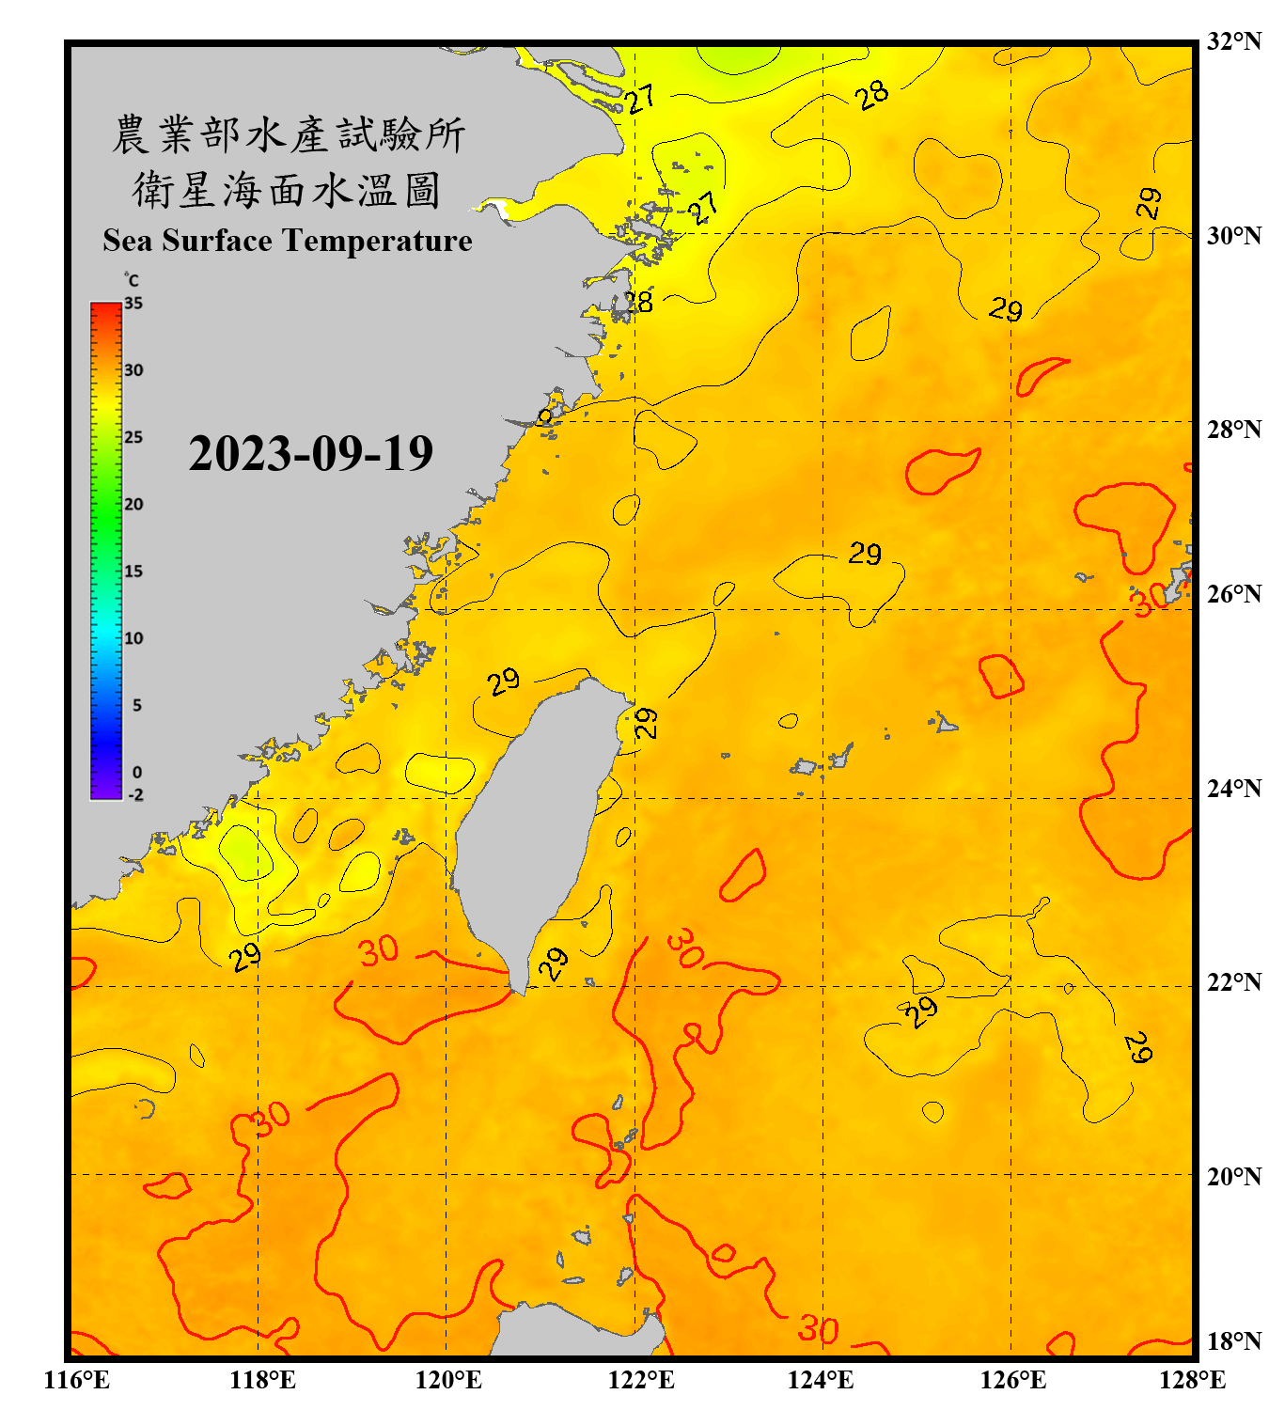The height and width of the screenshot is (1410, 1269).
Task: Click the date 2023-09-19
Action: point(310,454)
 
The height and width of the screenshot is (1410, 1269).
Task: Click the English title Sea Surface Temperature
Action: point(287,241)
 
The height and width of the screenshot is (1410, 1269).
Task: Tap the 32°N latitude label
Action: point(1233,41)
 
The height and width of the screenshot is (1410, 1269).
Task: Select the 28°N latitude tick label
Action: point(1233,430)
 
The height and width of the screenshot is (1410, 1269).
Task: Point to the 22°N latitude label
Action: point(1233,982)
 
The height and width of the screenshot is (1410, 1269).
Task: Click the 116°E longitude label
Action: point(76,1380)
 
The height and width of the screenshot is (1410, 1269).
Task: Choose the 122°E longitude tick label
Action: point(641,1380)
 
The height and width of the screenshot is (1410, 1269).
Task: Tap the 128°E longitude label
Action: point(1192,1380)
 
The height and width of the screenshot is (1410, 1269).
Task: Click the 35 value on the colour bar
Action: point(133,303)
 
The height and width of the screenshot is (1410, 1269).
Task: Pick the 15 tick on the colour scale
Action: point(133,571)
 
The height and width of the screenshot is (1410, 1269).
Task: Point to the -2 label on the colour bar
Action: point(135,794)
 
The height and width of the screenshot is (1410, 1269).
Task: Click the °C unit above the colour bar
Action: point(132,280)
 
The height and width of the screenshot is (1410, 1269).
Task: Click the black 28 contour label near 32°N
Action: point(872,94)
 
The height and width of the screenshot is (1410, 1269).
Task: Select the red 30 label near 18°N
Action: point(818,1329)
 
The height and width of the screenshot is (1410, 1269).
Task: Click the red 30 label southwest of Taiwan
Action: point(379,951)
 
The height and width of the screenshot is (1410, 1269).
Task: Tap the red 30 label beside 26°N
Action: point(1148,600)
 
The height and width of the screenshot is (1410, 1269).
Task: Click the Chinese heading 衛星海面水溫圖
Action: point(287,190)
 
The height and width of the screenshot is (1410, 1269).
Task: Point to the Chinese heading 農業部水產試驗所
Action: point(287,134)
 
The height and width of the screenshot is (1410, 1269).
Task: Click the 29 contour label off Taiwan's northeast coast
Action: point(646,722)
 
